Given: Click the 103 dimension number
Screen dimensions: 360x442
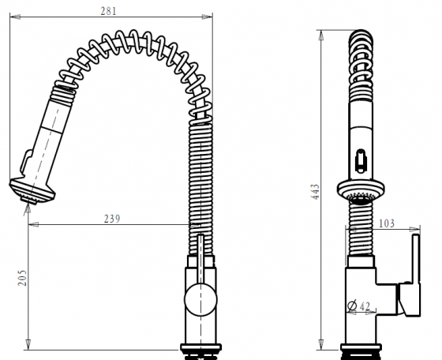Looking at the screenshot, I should tap(387, 224).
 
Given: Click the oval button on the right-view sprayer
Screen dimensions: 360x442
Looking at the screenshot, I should tap(361, 161).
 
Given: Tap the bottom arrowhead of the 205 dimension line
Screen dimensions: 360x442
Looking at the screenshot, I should tap(29, 347).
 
